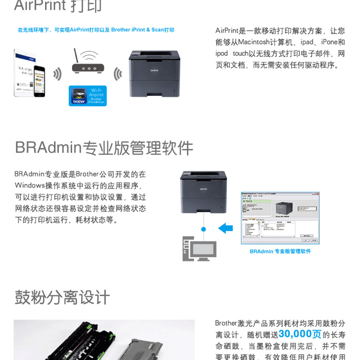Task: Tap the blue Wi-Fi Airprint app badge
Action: pos(88,95)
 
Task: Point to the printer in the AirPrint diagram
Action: pos(154,73)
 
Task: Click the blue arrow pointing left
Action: pos(225,229)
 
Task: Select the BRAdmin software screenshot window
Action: pos(280,218)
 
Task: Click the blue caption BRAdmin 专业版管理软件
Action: pos(280,251)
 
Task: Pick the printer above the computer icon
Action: pos(203,192)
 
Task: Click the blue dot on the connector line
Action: pos(203,229)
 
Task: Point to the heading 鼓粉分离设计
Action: pos(62,297)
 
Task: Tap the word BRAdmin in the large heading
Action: pos(48,148)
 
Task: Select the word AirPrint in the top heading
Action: pos(41,6)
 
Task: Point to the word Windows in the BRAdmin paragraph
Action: pos(30,185)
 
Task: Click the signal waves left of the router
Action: pos(57,74)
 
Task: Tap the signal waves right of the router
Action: pos(118,74)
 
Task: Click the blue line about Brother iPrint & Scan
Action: pos(96,30)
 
